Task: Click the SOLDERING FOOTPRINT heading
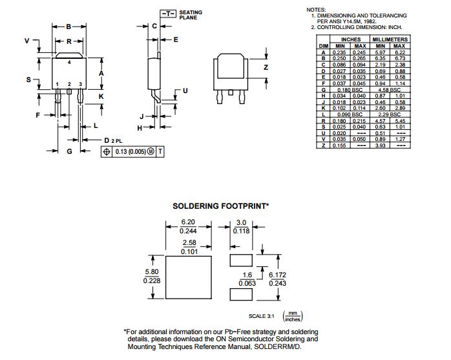220,206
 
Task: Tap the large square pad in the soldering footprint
188,278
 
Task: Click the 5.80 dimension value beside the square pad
151,272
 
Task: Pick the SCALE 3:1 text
261,317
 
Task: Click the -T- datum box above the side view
168,14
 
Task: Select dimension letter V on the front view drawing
26,40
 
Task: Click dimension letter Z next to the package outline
266,67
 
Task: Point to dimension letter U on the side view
185,90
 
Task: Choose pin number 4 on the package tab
69,63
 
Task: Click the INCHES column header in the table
351,39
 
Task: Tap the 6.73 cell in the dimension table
399,58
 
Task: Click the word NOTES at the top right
317,10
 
